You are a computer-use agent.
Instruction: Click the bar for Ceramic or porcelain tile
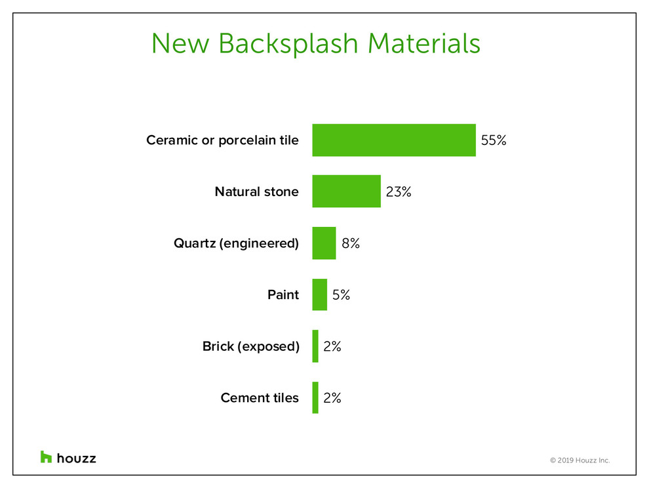click(394, 140)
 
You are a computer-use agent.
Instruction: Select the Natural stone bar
click(346, 191)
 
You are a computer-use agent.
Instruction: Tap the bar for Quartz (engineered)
click(324, 243)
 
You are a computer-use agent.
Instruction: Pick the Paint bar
click(319, 295)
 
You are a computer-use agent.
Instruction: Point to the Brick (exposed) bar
click(315, 346)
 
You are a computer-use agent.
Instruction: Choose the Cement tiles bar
click(315, 397)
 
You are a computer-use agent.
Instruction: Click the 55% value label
click(494, 140)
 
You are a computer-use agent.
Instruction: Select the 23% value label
click(399, 192)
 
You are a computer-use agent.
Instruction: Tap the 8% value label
click(351, 243)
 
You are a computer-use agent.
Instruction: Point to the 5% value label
click(341, 295)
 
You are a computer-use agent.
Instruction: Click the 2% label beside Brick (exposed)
click(332, 346)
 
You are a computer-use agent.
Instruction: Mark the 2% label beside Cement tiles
click(332, 397)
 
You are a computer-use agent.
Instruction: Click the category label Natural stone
click(256, 192)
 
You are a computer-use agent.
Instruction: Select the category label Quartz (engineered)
click(237, 243)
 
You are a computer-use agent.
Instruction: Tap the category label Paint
click(283, 295)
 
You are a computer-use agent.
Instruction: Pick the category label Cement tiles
click(260, 397)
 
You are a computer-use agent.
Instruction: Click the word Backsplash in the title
click(288, 44)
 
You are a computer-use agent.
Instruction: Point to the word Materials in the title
click(424, 43)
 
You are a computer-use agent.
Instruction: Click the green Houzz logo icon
click(46, 457)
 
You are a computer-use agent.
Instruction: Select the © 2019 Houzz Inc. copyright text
click(580, 460)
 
